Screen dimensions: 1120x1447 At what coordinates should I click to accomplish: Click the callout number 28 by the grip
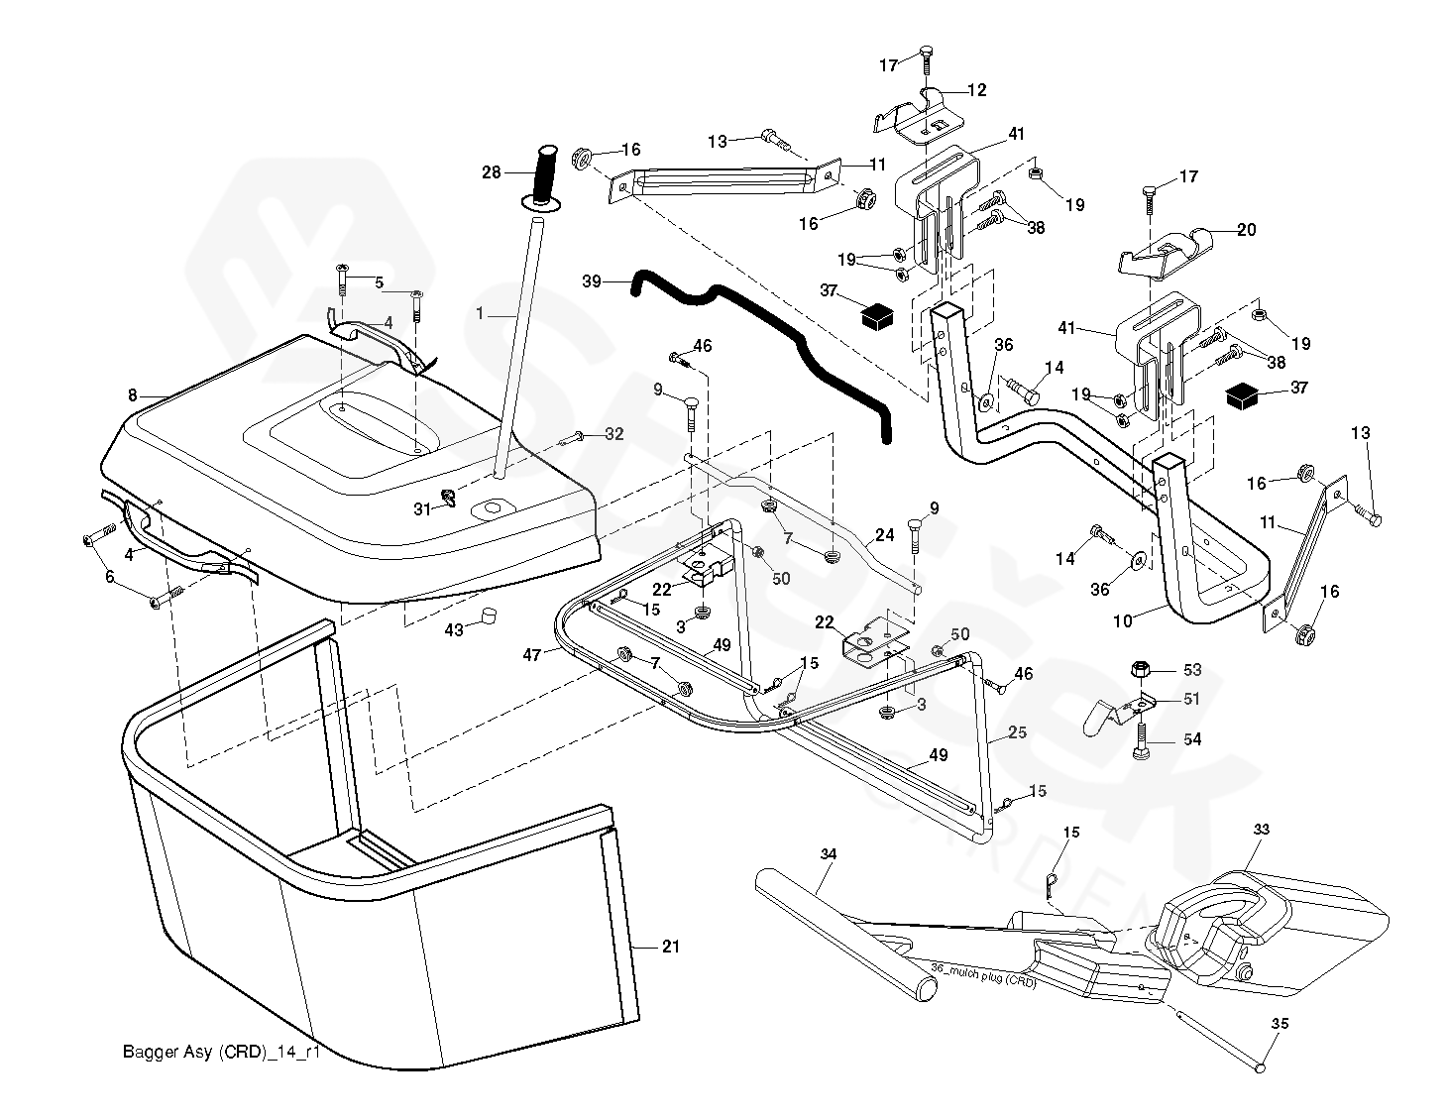tap(492, 172)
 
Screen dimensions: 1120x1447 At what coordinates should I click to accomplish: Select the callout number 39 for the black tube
tap(593, 281)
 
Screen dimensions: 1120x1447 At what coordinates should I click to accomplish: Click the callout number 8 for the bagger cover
tap(133, 394)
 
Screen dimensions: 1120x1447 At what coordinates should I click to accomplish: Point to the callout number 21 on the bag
tap(671, 947)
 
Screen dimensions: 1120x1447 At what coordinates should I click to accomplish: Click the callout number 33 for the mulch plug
tap(1261, 829)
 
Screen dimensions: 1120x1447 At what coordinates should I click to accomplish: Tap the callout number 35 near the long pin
tap(1280, 1024)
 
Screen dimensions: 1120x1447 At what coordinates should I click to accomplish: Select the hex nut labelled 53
tap(1141, 671)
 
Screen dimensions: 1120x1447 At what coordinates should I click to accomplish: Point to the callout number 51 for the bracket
tap(1190, 699)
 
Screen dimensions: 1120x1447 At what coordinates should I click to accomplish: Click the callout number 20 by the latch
tap(1246, 230)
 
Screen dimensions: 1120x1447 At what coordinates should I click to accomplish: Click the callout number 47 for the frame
tap(532, 655)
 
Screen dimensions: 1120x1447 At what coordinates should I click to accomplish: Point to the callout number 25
tap(1018, 732)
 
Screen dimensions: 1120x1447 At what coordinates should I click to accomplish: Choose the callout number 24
tap(884, 535)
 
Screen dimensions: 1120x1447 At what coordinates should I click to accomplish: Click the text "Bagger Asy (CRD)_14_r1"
tap(221, 1052)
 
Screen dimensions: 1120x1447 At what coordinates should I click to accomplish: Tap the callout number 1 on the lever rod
tap(480, 313)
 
